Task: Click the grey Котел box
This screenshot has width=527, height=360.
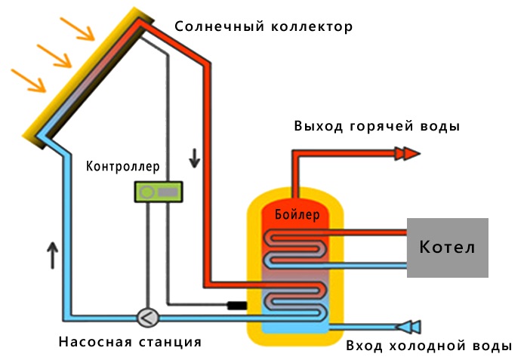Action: click(448, 248)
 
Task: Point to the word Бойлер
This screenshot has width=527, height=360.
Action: click(297, 215)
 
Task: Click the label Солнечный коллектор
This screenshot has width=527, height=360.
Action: click(263, 27)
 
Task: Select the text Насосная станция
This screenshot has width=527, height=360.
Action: click(130, 342)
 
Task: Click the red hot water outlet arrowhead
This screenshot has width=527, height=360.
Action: click(408, 153)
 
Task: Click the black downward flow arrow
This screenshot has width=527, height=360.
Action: click(195, 158)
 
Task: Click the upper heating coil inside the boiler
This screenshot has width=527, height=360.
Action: click(296, 246)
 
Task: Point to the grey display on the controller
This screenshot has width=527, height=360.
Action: click(168, 192)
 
